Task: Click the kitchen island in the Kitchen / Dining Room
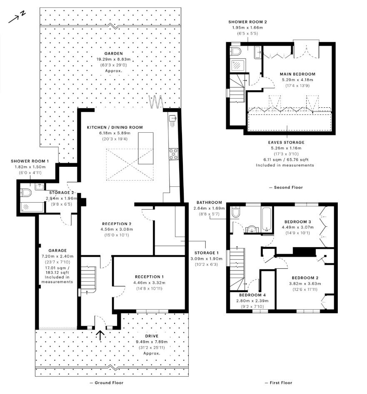pyautogui.click(x=145, y=147)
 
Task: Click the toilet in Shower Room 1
pyautogui.click(x=26, y=193)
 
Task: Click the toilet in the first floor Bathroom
pyautogui.click(x=236, y=213)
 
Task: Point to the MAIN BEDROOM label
pyautogui.click(x=297, y=74)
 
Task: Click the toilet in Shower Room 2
pyautogui.click(x=236, y=51)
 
